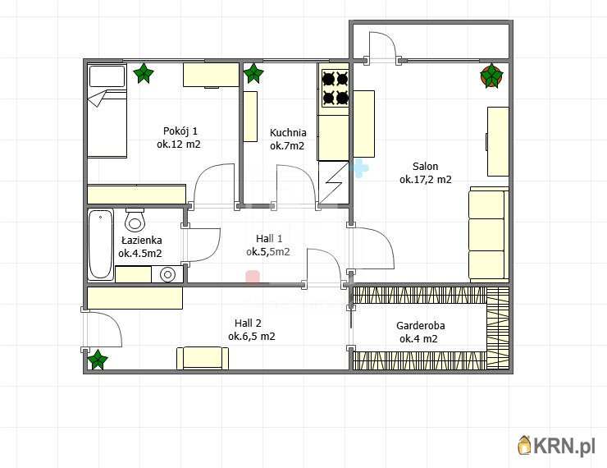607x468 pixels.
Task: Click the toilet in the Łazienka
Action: click(135, 219)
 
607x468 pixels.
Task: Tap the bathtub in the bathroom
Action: click(101, 245)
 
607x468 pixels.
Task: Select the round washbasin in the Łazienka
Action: click(167, 274)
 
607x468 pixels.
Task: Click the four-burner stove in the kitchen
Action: click(335, 89)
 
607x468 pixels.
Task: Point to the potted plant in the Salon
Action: click(491, 76)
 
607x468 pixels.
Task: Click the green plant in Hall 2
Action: click(97, 359)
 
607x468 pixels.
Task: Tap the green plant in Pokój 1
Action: click(144, 73)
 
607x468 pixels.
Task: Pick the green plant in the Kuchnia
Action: click(253, 73)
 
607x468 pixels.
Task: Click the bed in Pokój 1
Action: click(107, 111)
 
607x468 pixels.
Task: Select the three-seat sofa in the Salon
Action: click(489, 234)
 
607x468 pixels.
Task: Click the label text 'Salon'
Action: click(426, 166)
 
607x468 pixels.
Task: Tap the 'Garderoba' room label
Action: click(421, 325)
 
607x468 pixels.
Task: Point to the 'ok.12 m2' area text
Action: click(179, 145)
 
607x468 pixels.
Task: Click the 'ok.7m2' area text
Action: click(287, 145)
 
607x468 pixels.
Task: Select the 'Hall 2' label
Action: click(248, 323)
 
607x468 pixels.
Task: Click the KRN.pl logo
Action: click(556, 446)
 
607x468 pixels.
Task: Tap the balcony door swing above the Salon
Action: click(382, 47)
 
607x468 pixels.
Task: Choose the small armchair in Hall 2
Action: click(203, 358)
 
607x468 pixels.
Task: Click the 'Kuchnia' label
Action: click(288, 132)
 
